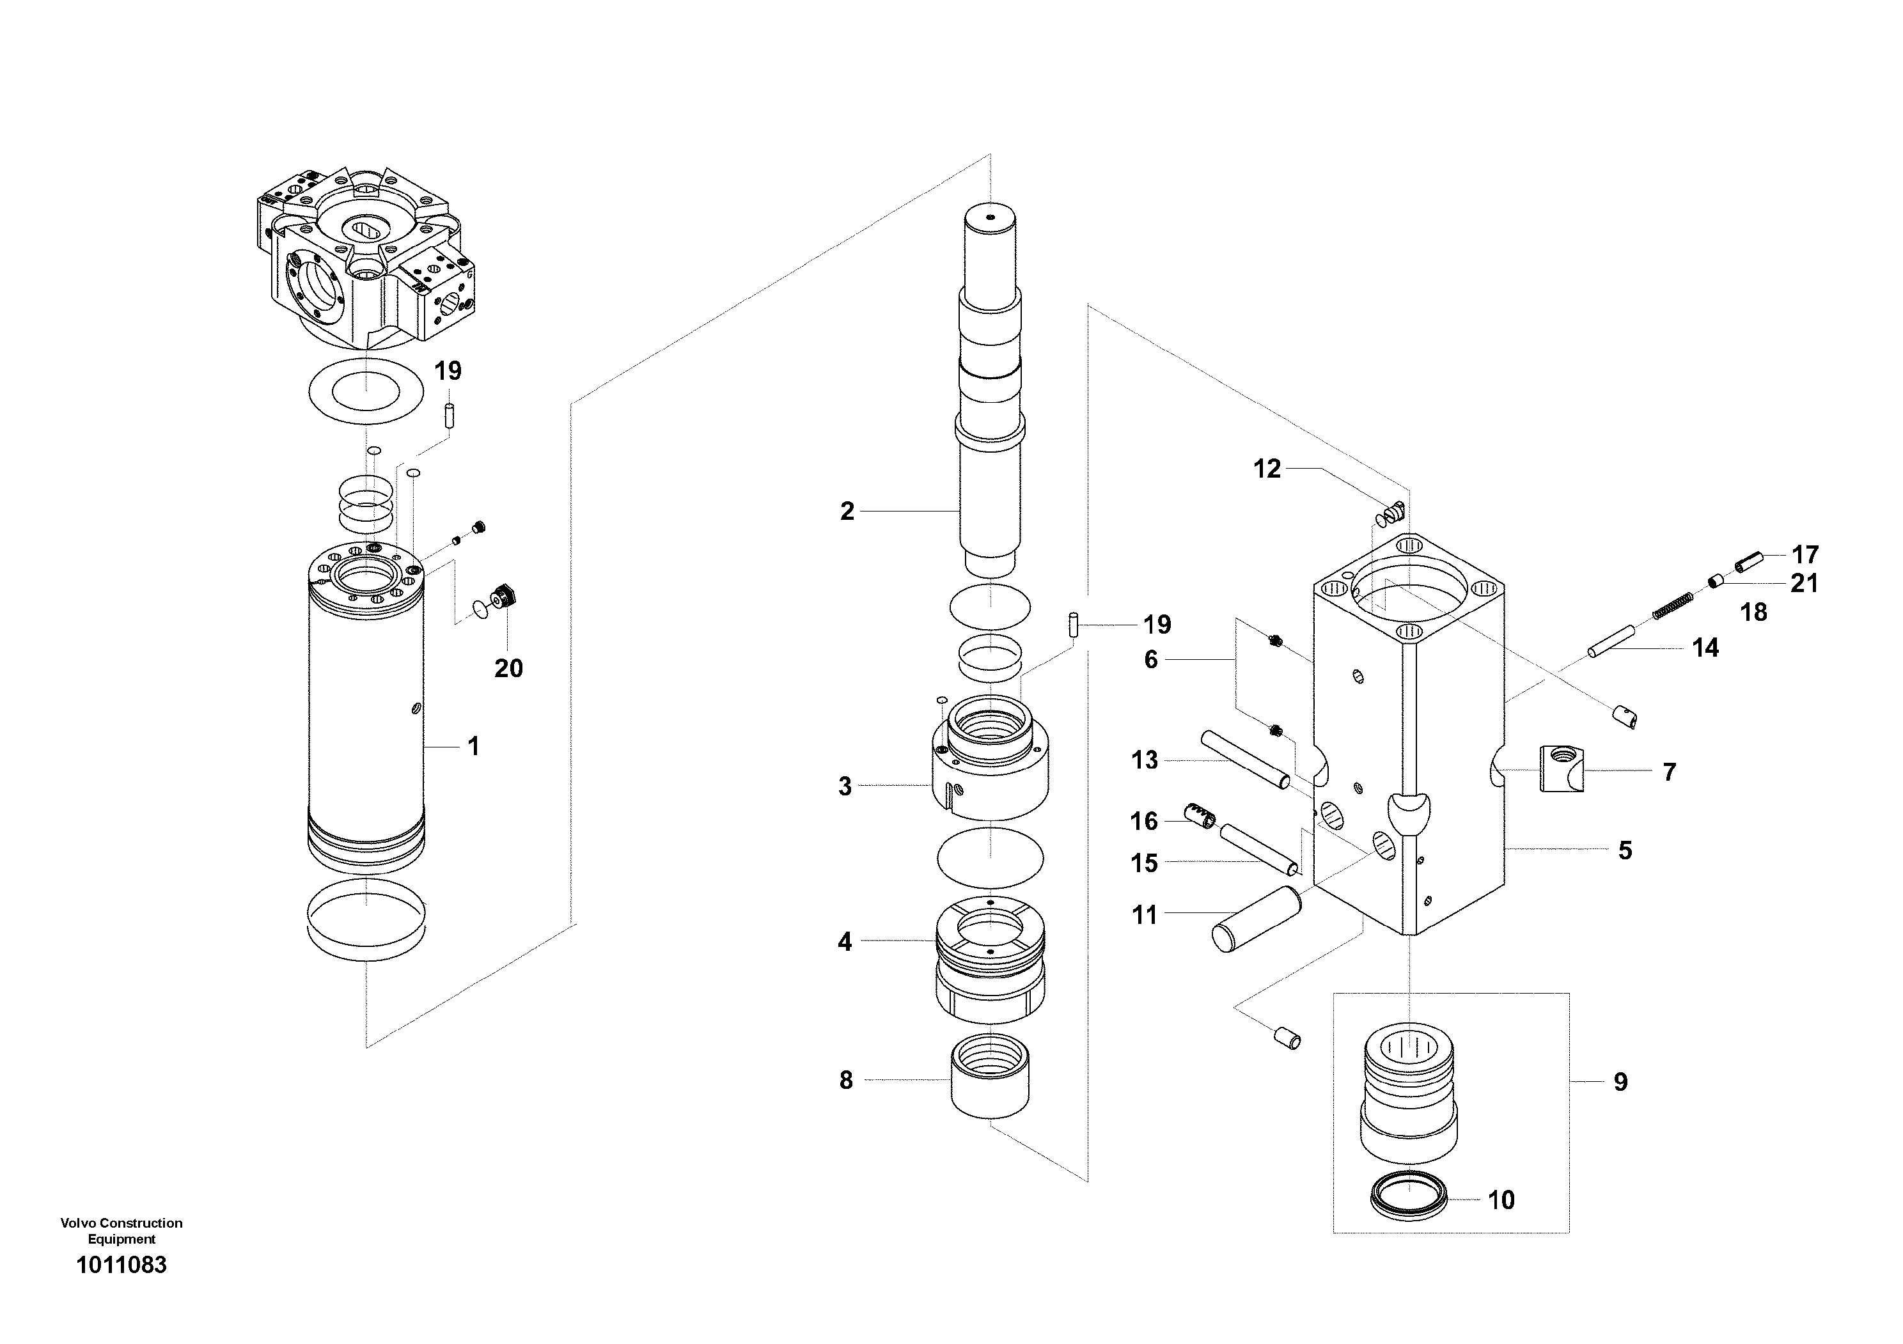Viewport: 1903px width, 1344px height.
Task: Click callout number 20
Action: [508, 669]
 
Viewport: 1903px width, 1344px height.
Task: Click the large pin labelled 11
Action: [1257, 918]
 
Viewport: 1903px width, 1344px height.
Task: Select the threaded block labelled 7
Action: [1562, 767]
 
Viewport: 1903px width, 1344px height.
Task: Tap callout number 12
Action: [1267, 469]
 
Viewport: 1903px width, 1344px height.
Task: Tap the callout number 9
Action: [1620, 1081]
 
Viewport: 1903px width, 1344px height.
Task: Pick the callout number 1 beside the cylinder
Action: [473, 747]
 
